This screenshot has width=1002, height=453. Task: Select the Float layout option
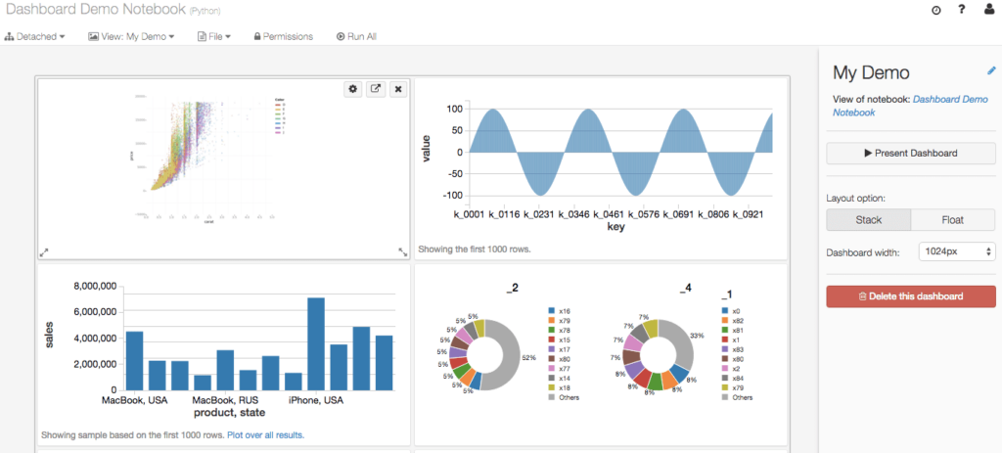tap(952, 220)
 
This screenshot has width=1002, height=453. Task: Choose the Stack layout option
tap(868, 220)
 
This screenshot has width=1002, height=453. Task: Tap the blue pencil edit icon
tap(991, 70)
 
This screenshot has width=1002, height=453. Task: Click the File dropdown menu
tap(213, 36)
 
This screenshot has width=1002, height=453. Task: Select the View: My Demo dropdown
tap(131, 36)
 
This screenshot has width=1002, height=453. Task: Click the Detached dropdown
tap(34, 36)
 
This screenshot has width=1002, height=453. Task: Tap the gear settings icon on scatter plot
tap(353, 89)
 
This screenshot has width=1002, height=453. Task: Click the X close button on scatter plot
tap(397, 89)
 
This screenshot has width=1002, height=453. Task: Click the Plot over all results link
tap(265, 434)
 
